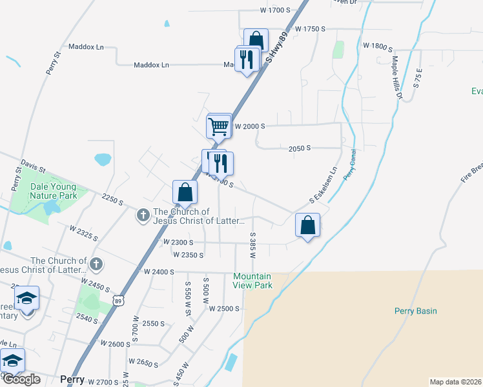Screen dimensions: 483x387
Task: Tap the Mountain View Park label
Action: [x=252, y=280]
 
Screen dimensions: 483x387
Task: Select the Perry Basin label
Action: [x=415, y=311]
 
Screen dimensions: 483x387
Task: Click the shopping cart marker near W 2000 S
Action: [x=219, y=126]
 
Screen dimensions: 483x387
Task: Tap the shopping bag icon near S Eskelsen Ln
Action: [x=308, y=226]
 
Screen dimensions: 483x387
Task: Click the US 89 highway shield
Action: [x=117, y=301]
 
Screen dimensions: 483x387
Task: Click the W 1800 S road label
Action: [x=378, y=46]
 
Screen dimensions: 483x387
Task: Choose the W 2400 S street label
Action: [x=159, y=272]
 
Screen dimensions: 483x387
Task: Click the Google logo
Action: [x=21, y=379]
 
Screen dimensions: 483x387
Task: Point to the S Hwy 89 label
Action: [x=276, y=48]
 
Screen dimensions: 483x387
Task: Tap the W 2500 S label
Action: [x=224, y=309]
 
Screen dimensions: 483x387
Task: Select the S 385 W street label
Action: [x=253, y=245]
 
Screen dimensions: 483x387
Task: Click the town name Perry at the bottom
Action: [x=72, y=380]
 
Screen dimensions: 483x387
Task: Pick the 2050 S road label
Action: [x=300, y=148]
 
